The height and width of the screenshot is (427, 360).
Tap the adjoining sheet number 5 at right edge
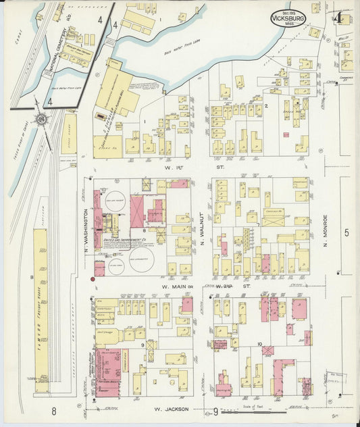(x=346, y=233)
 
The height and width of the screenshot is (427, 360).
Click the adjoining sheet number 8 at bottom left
(x=52, y=410)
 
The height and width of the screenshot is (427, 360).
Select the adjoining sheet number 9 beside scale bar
(x=215, y=410)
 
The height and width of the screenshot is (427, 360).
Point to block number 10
(x=260, y=344)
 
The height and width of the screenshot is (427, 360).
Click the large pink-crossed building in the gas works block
(x=137, y=209)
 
